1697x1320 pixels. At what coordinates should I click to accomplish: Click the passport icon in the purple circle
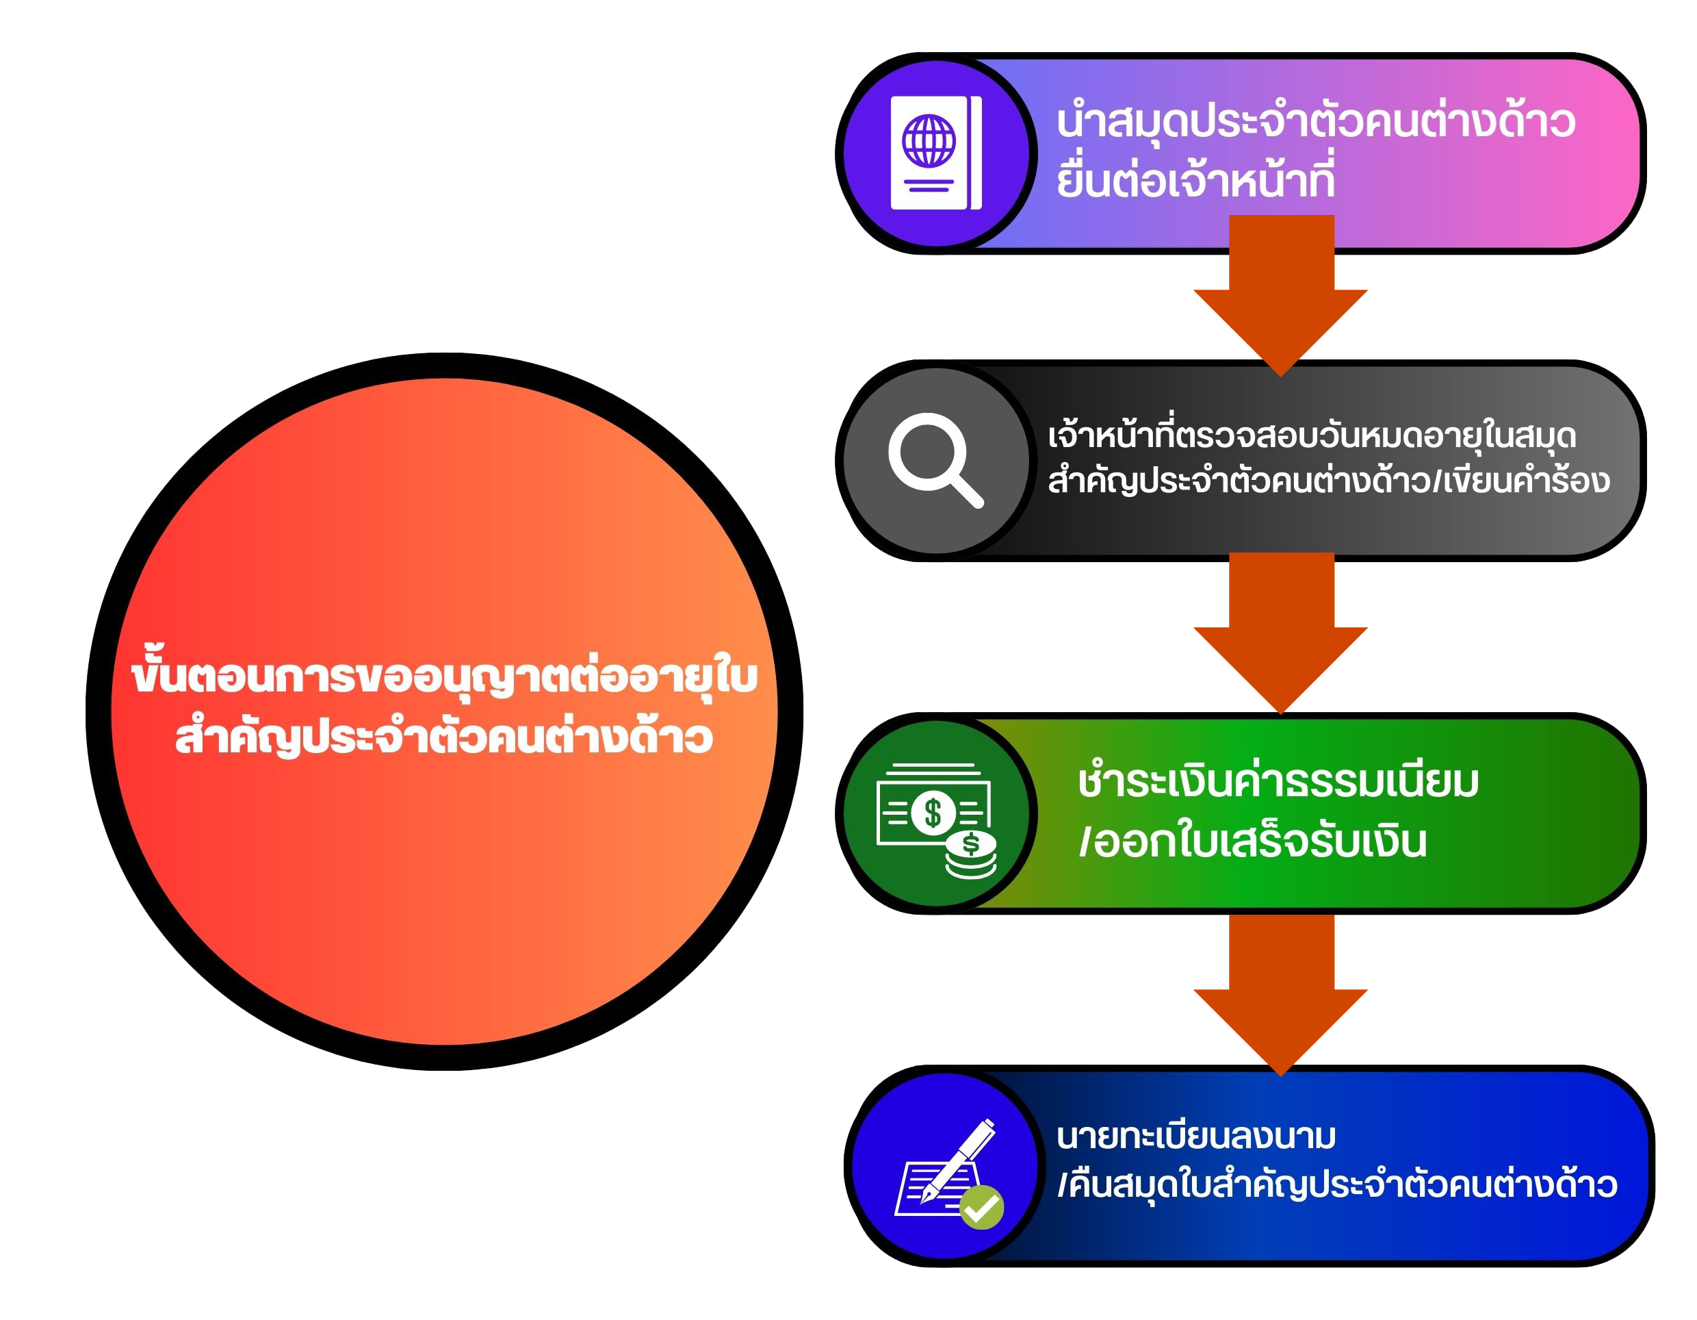(935, 153)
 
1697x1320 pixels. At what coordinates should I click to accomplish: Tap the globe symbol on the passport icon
(929, 141)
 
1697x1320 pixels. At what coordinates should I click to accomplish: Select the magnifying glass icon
(936, 460)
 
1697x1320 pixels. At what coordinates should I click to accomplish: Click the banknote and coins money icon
(936, 821)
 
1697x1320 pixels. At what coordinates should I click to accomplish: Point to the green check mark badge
(981, 1207)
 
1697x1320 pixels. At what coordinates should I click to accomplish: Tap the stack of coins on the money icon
(970, 855)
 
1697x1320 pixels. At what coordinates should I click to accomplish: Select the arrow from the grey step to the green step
(1280, 633)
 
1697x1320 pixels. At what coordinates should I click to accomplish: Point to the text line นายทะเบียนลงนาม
(1196, 1136)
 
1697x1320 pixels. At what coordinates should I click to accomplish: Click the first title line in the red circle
(445, 673)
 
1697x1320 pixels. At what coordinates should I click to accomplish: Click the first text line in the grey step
(1312, 434)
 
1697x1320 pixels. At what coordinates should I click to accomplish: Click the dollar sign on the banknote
(933, 813)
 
